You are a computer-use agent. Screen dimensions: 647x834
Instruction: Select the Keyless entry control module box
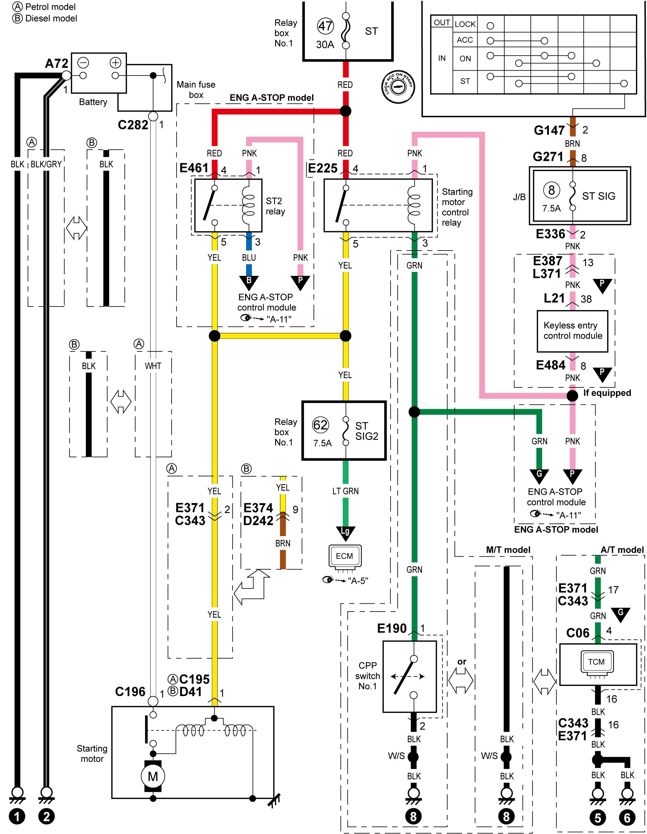572,331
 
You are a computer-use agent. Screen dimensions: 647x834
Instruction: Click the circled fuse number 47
326,26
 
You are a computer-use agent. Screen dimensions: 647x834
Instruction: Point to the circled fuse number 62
320,424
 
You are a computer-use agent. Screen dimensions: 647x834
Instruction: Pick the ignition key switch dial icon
398,87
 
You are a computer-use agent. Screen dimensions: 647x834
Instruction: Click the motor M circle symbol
153,776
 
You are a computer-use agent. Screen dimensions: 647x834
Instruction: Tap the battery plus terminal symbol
116,62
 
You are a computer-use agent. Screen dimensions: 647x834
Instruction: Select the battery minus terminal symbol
83,62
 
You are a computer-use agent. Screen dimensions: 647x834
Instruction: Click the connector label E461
194,168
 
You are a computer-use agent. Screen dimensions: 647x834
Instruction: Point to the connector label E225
323,168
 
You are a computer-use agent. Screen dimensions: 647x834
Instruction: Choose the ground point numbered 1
17,817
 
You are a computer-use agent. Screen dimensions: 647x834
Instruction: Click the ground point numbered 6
627,818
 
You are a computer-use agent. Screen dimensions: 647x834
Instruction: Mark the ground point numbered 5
598,818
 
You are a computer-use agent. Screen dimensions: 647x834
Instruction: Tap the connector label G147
549,130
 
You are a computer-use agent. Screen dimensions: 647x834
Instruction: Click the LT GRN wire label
346,491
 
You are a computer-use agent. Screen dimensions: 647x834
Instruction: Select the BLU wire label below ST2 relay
249,258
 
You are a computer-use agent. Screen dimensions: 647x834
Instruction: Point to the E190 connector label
392,628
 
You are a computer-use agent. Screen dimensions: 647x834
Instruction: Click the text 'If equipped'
607,393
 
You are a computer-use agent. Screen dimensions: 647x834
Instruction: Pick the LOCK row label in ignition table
465,24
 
